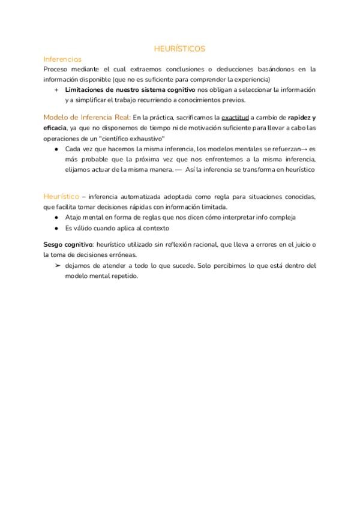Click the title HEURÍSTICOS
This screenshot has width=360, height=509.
pyautogui.click(x=179, y=49)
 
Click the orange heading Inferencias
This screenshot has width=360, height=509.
pyautogui.click(x=62, y=59)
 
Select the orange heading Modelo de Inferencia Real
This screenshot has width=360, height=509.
pyautogui.click(x=86, y=117)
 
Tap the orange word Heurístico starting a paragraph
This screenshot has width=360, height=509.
pyautogui.click(x=61, y=196)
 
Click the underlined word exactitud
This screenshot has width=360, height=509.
pyautogui.click(x=235, y=118)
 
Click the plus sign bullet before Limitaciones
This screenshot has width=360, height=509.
pyautogui.click(x=56, y=90)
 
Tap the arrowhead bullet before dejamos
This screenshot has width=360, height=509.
pyautogui.click(x=56, y=265)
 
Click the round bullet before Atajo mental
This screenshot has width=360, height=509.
pyautogui.click(x=56, y=217)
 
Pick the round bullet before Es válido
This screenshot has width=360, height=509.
pyautogui.click(x=56, y=228)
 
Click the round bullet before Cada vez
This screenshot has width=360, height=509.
pyautogui.click(x=56, y=148)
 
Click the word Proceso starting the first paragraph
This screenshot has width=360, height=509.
pyautogui.click(x=56, y=69)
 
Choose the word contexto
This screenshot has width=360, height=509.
pyautogui.click(x=155, y=228)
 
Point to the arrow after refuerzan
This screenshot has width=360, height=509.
pyautogui.click(x=304, y=148)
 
